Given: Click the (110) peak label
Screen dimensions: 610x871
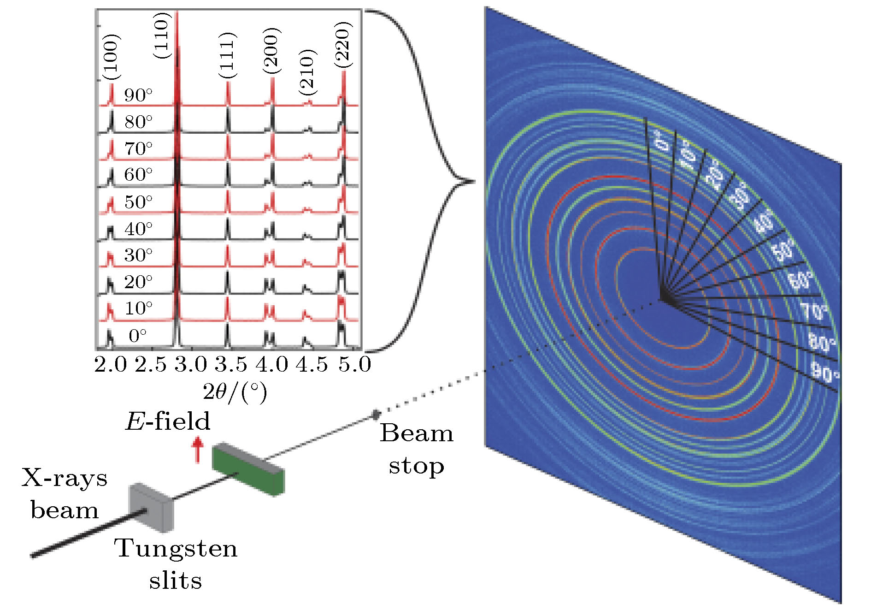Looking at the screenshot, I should (162, 36).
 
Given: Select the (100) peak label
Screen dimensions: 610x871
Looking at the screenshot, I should (111, 57).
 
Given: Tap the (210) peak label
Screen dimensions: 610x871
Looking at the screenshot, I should (307, 72).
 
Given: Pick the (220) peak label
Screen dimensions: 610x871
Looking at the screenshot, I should (343, 45).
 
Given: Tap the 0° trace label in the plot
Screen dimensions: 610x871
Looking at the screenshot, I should (138, 335).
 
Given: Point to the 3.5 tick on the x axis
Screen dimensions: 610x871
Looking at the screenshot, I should (231, 364).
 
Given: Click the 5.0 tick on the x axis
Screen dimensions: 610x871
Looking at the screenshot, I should (354, 364).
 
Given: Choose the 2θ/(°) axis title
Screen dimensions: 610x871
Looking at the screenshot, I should (235, 392).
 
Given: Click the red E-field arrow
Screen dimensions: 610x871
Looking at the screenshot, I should (198, 450).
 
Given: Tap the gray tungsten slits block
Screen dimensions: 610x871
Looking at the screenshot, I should (151, 507).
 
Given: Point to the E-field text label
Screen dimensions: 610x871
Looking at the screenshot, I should (168, 421).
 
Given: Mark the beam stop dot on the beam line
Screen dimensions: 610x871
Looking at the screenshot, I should (376, 415).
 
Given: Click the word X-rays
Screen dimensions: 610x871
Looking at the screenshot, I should (64, 478).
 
